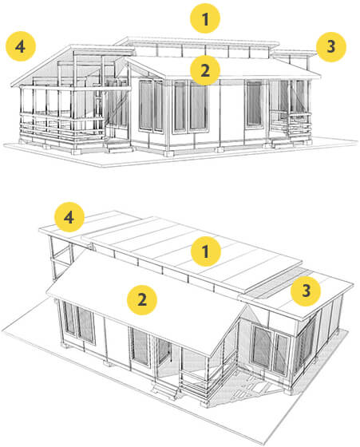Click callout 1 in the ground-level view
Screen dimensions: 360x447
[205, 18]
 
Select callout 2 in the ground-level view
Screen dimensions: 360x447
[205, 70]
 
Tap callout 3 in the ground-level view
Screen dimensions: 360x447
[331, 47]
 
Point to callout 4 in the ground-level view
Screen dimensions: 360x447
[21, 46]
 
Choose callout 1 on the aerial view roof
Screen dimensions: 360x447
[205, 251]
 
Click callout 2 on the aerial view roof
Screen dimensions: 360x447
[142, 300]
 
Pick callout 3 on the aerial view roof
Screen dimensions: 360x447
[306, 291]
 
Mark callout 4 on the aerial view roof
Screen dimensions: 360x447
[69, 217]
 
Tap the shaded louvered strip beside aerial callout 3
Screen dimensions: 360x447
[274, 283]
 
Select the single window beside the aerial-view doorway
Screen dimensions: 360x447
[140, 346]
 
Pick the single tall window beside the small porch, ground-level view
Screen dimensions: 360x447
[254, 104]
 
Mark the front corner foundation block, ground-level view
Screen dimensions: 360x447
[168, 153]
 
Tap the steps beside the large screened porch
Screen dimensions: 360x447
[119, 145]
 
